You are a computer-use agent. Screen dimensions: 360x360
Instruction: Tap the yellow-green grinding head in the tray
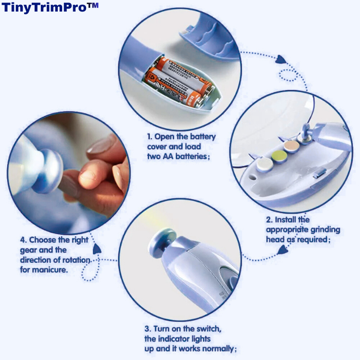click(x=277, y=155)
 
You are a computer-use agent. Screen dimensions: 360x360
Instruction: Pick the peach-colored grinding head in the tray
click(x=291, y=146)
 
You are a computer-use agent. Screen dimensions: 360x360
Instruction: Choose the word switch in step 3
click(x=208, y=329)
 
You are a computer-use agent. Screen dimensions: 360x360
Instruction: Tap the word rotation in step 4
click(x=77, y=260)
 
